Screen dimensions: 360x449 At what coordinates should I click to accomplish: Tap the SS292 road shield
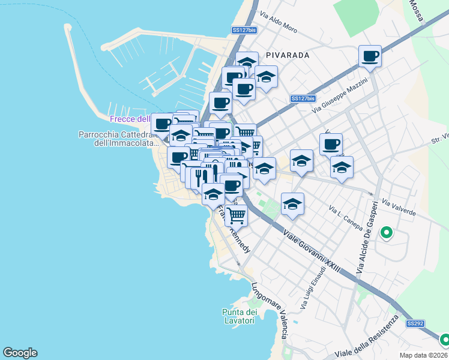(415, 323)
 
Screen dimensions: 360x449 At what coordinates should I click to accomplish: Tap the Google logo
(20, 353)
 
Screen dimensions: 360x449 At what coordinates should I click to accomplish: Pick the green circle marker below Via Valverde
(387, 232)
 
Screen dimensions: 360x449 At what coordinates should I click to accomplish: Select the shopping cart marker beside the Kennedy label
(237, 215)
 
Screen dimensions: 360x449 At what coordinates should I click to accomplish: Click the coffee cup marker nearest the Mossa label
(370, 56)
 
